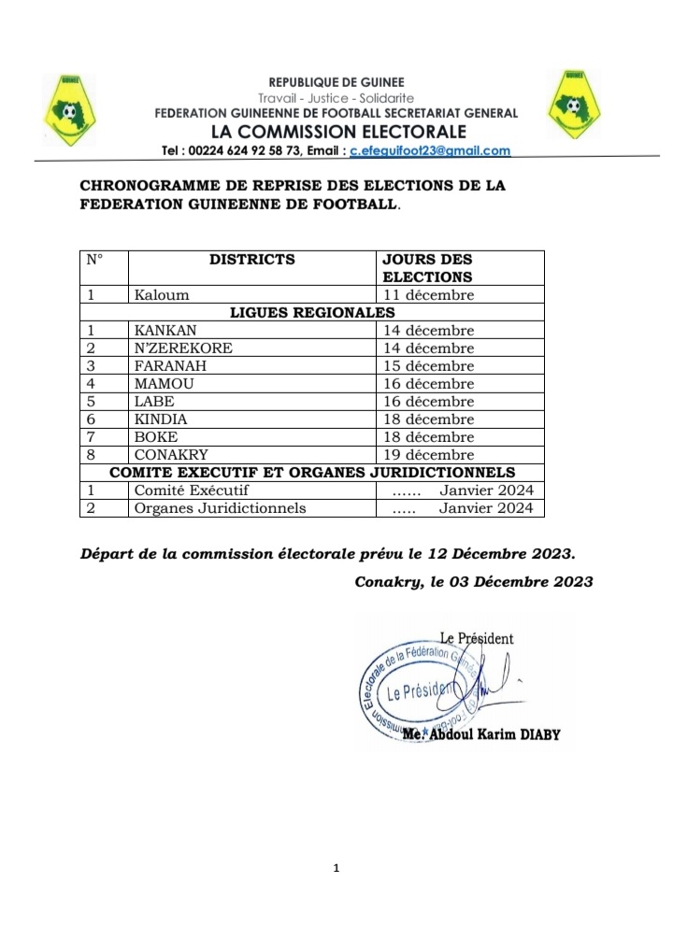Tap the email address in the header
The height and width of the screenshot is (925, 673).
click(430, 150)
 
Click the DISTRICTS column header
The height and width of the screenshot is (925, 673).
click(251, 260)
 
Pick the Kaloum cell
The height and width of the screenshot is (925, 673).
click(162, 295)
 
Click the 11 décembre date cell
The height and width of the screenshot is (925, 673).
click(429, 295)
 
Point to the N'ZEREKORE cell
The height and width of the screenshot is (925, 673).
click(183, 349)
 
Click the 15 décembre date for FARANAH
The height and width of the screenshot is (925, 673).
click(429, 366)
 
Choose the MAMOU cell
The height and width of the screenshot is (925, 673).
click(164, 384)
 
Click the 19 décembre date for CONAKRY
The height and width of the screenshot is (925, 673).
click(429, 455)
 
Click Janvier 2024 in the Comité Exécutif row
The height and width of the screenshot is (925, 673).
click(486, 491)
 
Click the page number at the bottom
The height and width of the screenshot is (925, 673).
click(336, 869)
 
